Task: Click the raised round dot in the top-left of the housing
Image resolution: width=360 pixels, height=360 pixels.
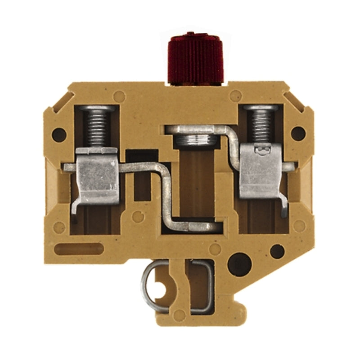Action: pyautogui.click(x=120, y=96)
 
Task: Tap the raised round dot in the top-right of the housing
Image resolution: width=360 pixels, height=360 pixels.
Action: pyautogui.click(x=235, y=95)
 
